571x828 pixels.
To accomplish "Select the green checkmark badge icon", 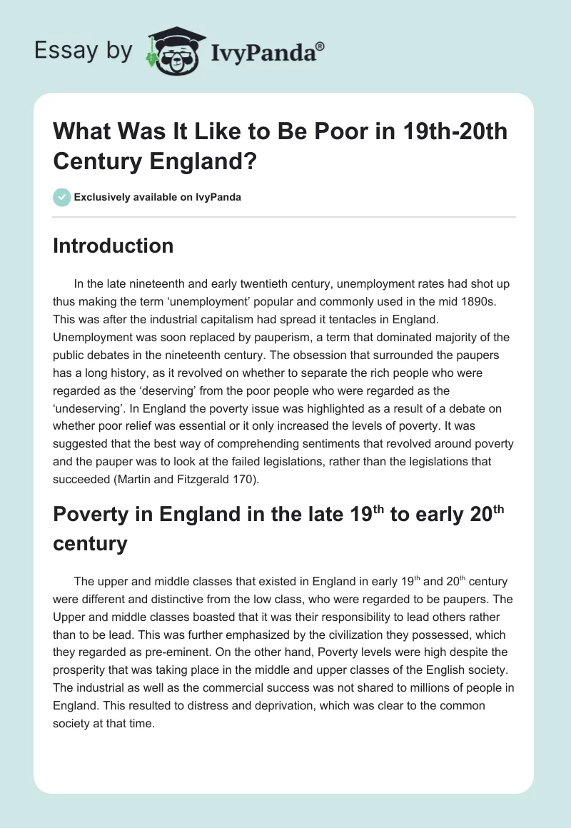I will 61,197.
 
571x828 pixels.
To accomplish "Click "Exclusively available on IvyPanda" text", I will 158,197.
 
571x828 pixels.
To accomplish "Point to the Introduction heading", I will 113,246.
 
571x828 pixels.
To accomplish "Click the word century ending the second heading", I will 90,544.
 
